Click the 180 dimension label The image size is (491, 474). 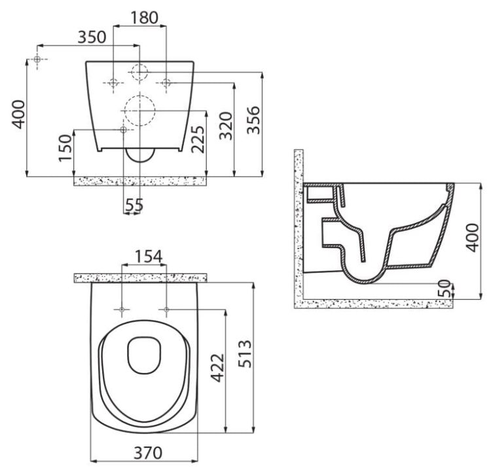[x=144, y=18]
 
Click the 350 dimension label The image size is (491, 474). [x=92, y=37]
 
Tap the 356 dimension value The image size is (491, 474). [x=253, y=120]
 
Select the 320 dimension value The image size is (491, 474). [x=226, y=126]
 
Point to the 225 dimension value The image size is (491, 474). [x=198, y=139]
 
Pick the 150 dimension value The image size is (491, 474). [x=65, y=148]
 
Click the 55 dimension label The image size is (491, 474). [x=134, y=205]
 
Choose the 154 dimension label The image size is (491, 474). [x=149, y=256]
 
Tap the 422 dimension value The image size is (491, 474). [x=217, y=368]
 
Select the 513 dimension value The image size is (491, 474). [x=245, y=353]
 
